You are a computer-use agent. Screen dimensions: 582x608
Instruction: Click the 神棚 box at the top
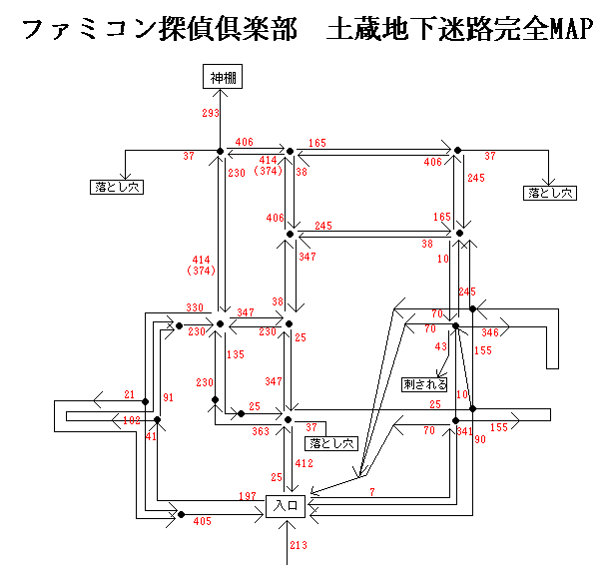coord(220,77)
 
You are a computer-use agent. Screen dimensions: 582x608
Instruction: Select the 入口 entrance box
coord(288,507)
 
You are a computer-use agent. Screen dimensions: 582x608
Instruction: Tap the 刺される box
coord(425,384)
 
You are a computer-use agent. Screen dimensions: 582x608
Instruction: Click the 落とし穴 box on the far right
coord(551,193)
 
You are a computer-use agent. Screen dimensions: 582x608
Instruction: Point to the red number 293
coord(210,114)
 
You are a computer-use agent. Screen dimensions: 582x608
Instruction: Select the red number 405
coord(203,522)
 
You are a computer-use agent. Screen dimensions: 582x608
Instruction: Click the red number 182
coord(132,422)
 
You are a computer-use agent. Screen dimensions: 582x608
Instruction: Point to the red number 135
coord(236,355)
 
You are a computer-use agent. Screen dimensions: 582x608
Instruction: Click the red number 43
coord(441,346)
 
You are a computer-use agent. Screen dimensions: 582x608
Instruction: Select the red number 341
coord(463,431)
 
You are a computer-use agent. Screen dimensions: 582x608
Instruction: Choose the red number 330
coord(195,308)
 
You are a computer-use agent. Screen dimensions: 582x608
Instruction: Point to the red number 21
coord(130,395)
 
